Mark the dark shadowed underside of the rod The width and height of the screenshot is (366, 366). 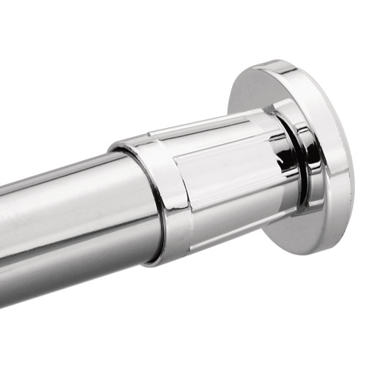pyautogui.click(x=73, y=278)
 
